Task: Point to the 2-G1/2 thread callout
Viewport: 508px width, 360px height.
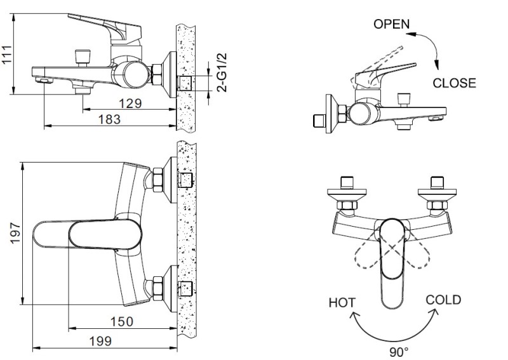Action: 222,72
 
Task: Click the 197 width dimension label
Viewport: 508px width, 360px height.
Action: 17,232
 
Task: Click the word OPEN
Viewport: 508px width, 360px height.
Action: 392,24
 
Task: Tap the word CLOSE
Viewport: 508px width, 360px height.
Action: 454,83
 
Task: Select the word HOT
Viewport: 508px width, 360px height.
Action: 342,303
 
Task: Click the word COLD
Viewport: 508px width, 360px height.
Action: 443,300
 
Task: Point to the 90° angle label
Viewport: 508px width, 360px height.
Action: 399,349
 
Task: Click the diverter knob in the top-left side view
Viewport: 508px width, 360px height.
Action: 81,55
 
